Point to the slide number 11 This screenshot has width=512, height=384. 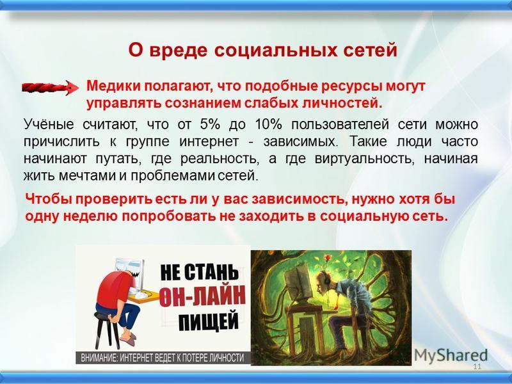[x=476, y=366]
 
